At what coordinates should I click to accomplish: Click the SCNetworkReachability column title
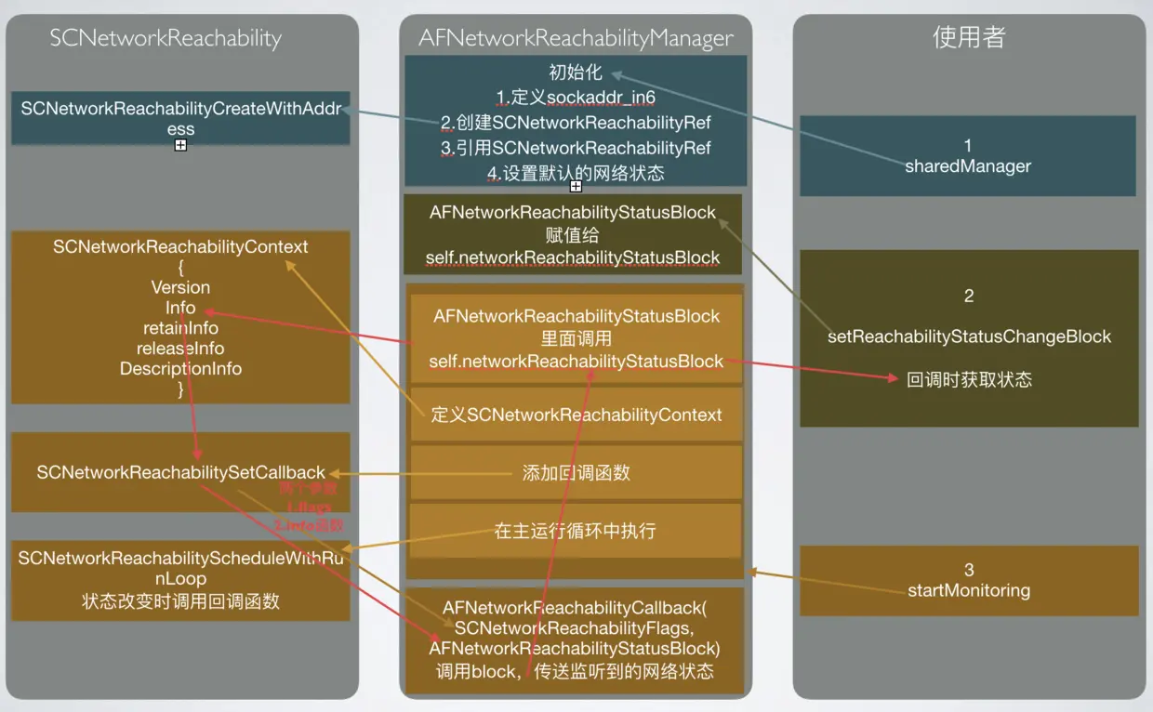(x=166, y=38)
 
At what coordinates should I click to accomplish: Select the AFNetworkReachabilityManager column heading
(x=576, y=38)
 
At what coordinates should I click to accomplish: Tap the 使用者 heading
(x=969, y=37)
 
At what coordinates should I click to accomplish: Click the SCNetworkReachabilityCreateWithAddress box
(x=180, y=117)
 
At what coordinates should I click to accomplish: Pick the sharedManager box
(x=968, y=156)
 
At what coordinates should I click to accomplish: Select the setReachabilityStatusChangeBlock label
(x=969, y=336)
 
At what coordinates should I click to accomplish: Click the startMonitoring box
(x=969, y=581)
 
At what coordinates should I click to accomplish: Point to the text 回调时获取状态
(x=969, y=379)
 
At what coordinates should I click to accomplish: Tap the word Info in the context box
(x=180, y=308)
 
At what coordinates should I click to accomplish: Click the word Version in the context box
(x=180, y=287)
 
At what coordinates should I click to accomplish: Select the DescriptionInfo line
(x=180, y=369)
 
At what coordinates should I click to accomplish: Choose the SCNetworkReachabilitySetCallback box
(x=180, y=472)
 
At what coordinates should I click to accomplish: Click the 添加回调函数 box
(x=576, y=472)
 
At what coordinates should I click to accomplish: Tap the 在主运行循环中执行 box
(x=576, y=531)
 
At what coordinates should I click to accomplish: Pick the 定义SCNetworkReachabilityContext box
(x=576, y=415)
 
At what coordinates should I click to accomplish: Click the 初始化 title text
(x=576, y=73)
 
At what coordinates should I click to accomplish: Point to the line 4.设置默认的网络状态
(x=576, y=173)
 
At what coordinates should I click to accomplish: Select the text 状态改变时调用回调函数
(x=180, y=601)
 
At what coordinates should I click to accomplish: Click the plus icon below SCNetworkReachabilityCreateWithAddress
(x=180, y=146)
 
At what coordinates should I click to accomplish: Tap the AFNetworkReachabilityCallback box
(x=576, y=639)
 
